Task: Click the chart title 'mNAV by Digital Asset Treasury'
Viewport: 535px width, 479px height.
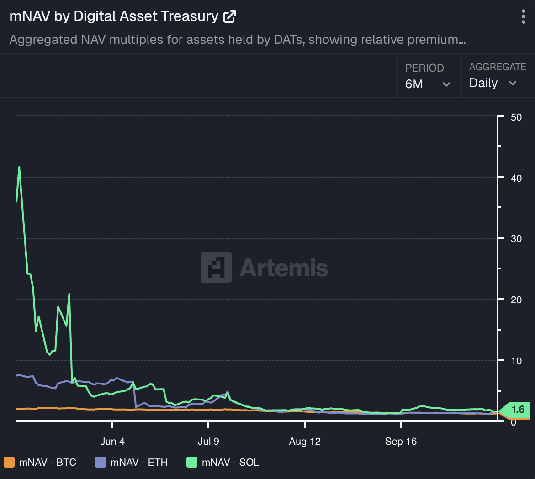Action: point(114,16)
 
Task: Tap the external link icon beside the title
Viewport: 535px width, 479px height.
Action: point(229,17)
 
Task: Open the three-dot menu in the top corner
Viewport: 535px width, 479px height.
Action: point(523,16)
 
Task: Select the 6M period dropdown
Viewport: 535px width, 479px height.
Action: point(428,84)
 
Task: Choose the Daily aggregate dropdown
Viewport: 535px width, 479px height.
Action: point(493,83)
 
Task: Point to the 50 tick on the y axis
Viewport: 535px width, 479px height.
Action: point(516,117)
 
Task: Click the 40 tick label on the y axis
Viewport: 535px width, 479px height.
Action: point(516,178)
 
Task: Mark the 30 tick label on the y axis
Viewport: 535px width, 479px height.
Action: point(516,239)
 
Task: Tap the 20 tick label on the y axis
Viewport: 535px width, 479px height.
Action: point(516,300)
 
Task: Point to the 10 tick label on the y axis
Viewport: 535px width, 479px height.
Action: point(516,361)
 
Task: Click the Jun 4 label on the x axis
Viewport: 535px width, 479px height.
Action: point(112,442)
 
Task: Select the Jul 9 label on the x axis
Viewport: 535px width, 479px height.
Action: point(208,442)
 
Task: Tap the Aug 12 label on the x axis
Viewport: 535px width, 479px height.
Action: point(305,442)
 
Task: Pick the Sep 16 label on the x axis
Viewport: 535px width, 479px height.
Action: point(401,442)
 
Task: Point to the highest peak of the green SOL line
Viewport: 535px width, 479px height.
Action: point(19,167)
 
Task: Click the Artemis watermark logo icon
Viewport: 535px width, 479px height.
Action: point(216,267)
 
